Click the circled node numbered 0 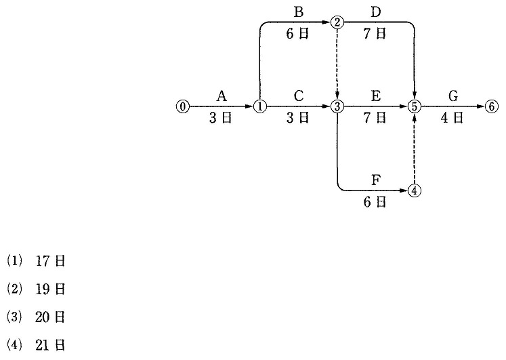pos(183,106)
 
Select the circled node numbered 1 pos(260,106)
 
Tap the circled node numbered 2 pos(337,22)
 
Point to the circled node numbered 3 pos(337,106)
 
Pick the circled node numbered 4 pos(415,191)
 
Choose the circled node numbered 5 pos(415,106)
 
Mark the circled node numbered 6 pos(492,106)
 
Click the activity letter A pos(222,96)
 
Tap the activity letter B pos(299,12)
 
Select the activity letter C pos(299,96)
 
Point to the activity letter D pos(376,12)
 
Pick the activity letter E pos(376,96)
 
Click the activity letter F pos(376,180)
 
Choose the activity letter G pos(453,96)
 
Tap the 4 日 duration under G pos(452,118)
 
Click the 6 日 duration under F pos(375,203)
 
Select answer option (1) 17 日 pos(36,261)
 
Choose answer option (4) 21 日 pos(36,346)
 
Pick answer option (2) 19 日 pos(36,289)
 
